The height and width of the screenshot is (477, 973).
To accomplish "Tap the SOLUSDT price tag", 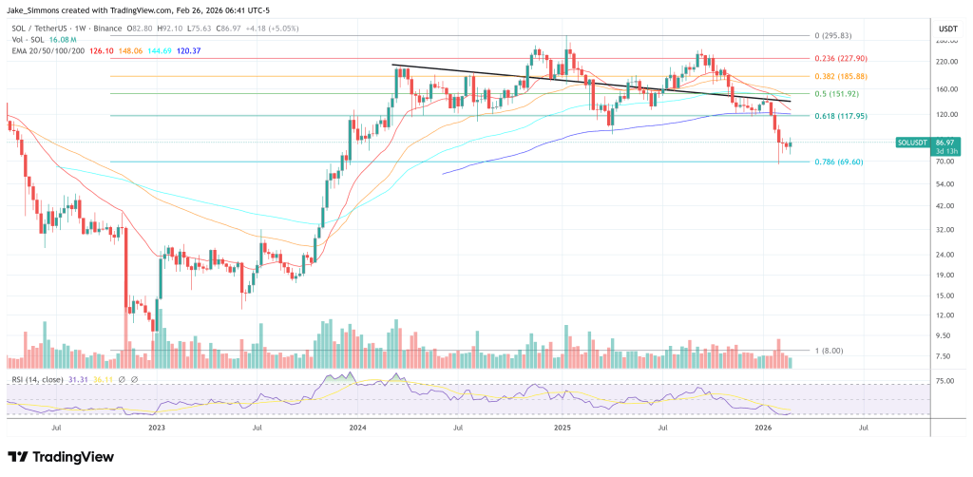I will [x=914, y=142].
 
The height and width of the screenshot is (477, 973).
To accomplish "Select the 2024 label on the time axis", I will [x=357, y=429].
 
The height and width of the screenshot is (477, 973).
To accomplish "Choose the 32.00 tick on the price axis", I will [x=944, y=230].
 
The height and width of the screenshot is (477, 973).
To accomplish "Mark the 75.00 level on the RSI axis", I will [x=944, y=380].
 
